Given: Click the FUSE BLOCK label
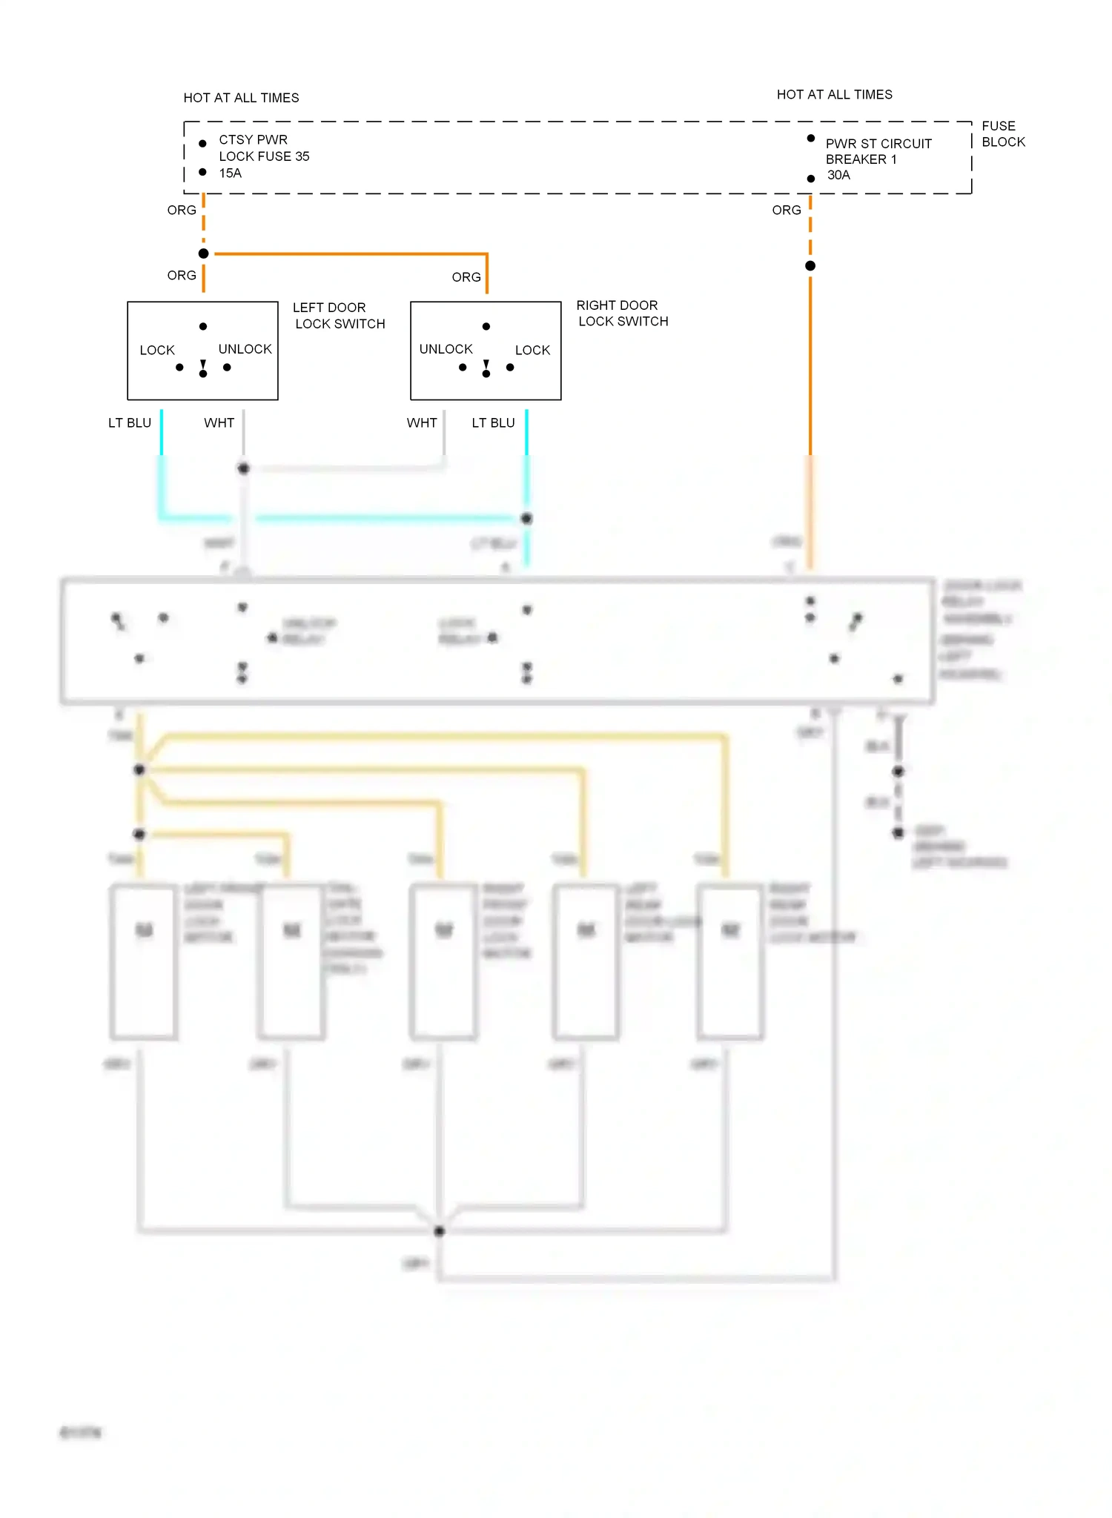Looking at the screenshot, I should click(x=1002, y=134).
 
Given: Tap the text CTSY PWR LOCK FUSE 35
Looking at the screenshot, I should click(x=263, y=148).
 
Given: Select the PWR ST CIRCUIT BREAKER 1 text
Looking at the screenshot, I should click(x=878, y=151).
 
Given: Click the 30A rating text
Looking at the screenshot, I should click(x=838, y=176).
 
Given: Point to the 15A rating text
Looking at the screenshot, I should click(x=230, y=173).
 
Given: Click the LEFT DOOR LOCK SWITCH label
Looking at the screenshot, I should click(x=339, y=316).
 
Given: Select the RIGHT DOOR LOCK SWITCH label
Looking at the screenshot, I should click(x=622, y=314).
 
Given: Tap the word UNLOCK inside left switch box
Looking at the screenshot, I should click(x=245, y=349).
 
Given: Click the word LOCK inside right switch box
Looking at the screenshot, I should click(x=532, y=350).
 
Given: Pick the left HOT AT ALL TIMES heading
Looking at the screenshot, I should click(x=241, y=98).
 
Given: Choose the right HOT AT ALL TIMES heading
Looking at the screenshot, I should click(x=834, y=95).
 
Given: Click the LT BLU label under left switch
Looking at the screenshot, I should click(x=130, y=423).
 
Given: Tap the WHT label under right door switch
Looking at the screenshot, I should click(x=421, y=423).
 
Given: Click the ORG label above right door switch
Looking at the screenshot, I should click(x=466, y=277).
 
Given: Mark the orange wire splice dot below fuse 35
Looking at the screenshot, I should click(x=204, y=253).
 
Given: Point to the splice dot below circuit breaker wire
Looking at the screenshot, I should click(x=810, y=265).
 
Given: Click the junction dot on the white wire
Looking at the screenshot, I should click(x=243, y=468).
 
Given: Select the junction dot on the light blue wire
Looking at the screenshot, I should click(x=526, y=519).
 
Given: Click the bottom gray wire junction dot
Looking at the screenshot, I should click(x=440, y=1231).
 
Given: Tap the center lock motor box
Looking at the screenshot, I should click(x=443, y=961).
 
